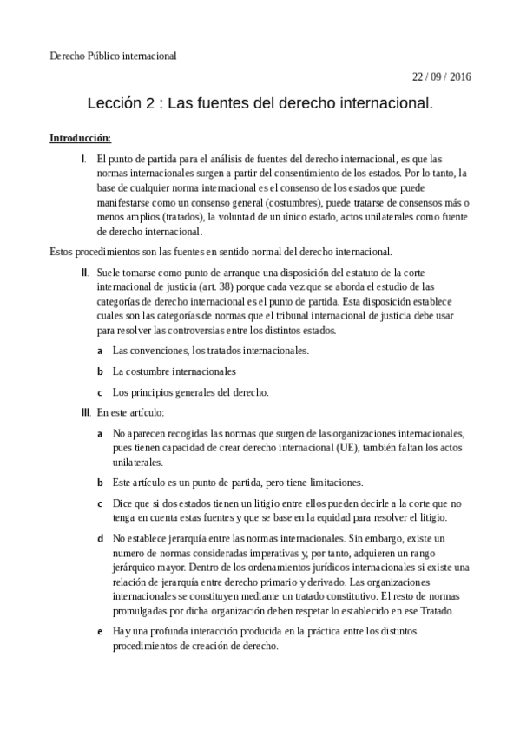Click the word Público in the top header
tap(105, 56)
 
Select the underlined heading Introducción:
tap(80, 138)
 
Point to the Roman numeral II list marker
tap(84, 273)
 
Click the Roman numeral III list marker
tap(85, 412)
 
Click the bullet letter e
tap(101, 632)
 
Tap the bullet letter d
tap(101, 539)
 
